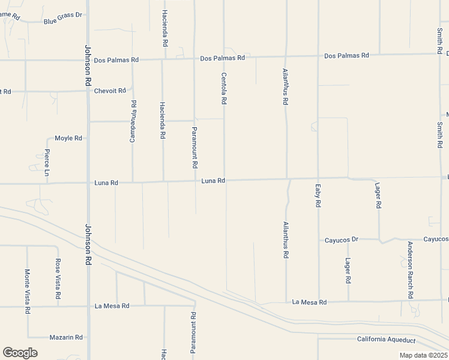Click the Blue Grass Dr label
coord(62,22)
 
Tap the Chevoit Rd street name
coord(110,91)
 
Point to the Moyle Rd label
coord(68,138)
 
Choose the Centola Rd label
coord(224,89)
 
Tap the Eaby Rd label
coord(318,196)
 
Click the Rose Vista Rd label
coord(58,279)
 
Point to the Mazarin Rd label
coord(66,338)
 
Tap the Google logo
coord(20,353)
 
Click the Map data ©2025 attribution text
coord(424,355)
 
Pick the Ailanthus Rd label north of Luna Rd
coord(286,87)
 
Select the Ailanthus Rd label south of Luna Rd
coord(286,240)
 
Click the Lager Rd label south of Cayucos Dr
coord(348,271)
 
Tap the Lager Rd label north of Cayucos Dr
coord(378,196)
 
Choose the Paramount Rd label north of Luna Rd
coord(194,148)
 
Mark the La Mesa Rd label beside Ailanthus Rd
coord(310,302)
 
